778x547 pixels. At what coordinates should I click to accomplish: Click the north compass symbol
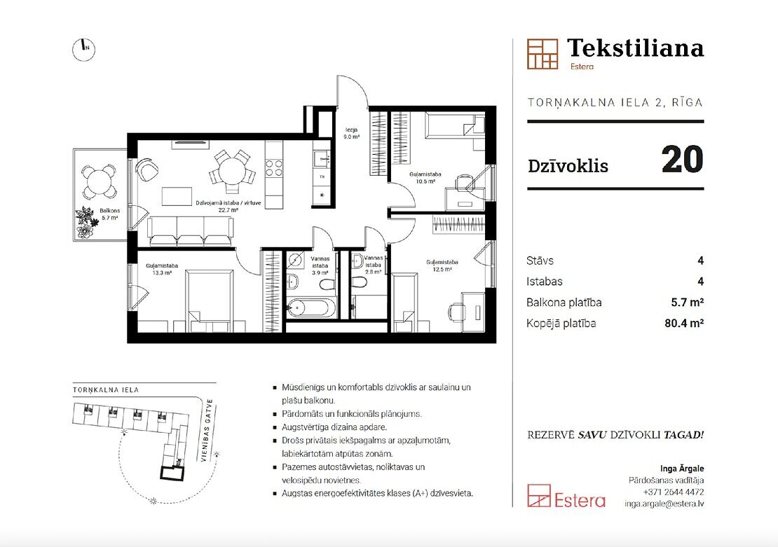tap(84, 48)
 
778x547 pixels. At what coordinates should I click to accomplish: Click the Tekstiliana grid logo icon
tap(542, 53)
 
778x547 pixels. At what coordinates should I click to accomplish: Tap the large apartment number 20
tap(682, 159)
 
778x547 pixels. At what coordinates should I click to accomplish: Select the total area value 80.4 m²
tap(684, 324)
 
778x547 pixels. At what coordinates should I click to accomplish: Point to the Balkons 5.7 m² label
tap(109, 214)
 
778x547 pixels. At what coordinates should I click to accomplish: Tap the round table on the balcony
tap(99, 181)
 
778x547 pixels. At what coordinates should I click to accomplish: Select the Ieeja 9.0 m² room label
tap(352, 133)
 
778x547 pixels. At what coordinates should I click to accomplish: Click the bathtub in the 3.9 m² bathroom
tap(312, 308)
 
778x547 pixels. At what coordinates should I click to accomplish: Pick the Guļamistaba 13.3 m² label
tap(162, 269)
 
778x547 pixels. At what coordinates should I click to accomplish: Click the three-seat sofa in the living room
tap(191, 232)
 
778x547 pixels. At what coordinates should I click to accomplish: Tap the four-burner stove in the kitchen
tap(273, 168)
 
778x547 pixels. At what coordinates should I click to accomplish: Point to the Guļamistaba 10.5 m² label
tap(425, 177)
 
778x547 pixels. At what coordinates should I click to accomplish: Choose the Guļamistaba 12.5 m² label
tap(442, 265)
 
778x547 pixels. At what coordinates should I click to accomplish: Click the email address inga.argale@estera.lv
tap(664, 504)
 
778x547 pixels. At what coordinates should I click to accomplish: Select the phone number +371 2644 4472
tap(674, 492)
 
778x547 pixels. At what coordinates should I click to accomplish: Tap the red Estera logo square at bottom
tap(539, 496)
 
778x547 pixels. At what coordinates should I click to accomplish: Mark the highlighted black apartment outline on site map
tap(172, 473)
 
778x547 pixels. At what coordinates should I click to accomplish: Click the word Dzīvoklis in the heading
tap(568, 165)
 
